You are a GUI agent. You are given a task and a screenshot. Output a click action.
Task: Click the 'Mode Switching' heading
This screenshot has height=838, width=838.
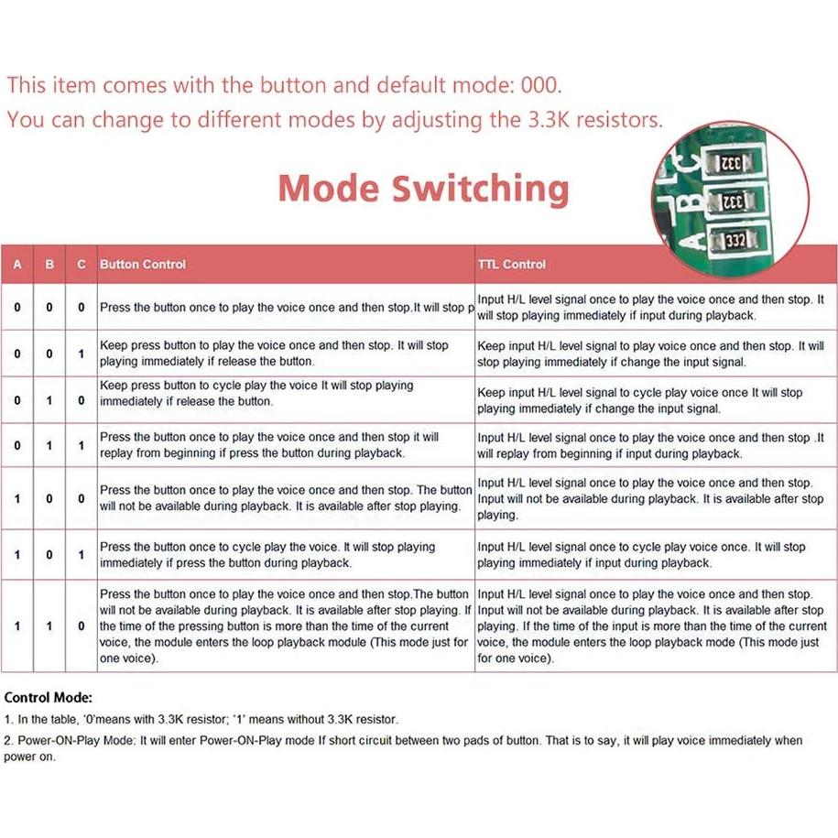tap(424, 189)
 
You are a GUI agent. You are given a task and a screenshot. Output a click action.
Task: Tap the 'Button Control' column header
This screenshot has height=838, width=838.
tap(143, 264)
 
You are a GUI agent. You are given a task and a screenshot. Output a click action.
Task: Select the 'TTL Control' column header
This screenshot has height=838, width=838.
tap(511, 264)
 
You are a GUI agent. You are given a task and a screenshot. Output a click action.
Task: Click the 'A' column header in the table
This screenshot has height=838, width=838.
tap(17, 264)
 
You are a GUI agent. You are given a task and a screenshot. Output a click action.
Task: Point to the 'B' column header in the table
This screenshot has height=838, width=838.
tap(49, 264)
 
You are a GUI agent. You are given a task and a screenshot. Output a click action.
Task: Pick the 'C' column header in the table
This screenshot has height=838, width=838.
tap(82, 264)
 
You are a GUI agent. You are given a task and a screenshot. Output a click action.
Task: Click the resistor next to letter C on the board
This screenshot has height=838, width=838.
tap(731, 162)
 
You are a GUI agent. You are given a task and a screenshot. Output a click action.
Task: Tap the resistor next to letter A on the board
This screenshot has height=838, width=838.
tap(735, 240)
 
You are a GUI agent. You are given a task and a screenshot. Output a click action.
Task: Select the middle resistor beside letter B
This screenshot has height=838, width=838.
tap(733, 201)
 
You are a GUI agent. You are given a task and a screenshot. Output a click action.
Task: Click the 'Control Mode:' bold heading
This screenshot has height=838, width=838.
tap(49, 698)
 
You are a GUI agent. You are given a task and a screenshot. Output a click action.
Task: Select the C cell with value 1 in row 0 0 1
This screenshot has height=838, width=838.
tap(82, 354)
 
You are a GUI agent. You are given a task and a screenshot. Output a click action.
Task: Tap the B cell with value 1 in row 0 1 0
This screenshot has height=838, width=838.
tap(49, 400)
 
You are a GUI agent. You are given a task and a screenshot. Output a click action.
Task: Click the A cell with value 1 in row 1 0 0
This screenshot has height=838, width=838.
tap(17, 498)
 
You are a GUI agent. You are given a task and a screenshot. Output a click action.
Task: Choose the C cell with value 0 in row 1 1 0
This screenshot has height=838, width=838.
tap(82, 626)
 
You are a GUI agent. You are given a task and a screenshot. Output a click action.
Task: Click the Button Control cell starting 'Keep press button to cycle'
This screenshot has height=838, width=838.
tap(256, 393)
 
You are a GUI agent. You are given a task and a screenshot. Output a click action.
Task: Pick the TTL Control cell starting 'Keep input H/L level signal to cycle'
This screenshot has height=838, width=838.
tap(640, 400)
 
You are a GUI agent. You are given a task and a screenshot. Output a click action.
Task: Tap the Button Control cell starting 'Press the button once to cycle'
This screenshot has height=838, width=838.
tap(267, 555)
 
